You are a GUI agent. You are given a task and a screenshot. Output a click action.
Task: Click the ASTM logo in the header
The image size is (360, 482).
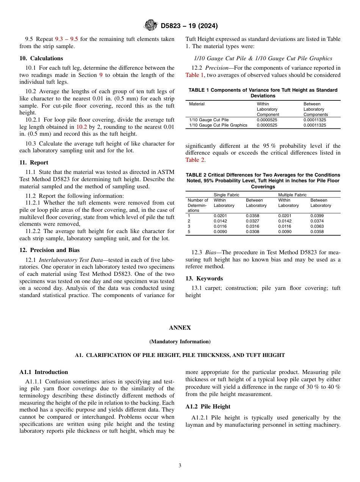(151, 26)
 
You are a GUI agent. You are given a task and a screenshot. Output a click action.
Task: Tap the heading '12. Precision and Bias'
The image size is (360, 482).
(49, 250)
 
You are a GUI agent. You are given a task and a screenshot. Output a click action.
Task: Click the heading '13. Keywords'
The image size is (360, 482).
(204, 279)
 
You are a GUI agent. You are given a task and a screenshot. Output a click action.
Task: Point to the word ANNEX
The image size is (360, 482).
(180, 328)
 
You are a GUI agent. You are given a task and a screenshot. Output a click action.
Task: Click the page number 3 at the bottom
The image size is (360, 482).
(180, 465)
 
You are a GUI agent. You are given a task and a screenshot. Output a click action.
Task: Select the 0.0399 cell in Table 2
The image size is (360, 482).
(317, 216)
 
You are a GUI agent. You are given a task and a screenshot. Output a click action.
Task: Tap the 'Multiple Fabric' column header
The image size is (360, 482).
(292, 195)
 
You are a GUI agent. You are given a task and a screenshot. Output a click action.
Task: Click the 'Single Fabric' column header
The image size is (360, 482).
(226, 195)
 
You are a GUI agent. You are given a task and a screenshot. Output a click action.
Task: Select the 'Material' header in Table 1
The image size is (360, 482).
(197, 104)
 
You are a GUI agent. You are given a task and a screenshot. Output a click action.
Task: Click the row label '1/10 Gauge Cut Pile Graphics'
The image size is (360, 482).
(218, 125)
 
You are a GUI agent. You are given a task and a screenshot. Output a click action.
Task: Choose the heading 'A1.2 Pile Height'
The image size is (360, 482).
(208, 407)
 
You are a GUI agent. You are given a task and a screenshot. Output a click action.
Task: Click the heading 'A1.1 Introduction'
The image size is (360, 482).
(44, 372)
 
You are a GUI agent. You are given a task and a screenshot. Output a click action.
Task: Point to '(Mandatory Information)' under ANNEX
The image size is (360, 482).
(180, 341)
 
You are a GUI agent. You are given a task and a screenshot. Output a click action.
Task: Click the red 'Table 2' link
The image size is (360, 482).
(194, 160)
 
